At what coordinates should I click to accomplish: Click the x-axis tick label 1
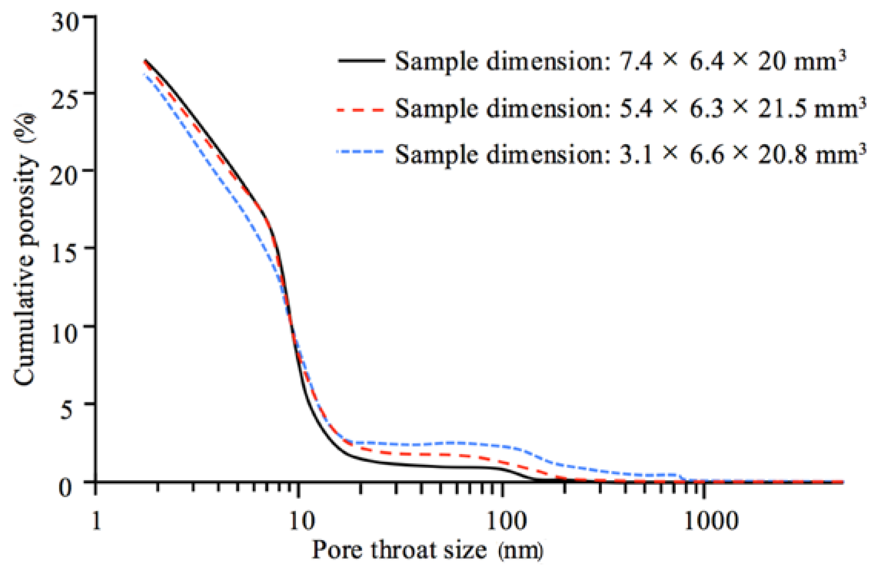[x=96, y=521]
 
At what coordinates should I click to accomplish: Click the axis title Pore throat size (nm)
[x=427, y=550]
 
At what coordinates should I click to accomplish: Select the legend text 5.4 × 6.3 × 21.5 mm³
[x=630, y=108]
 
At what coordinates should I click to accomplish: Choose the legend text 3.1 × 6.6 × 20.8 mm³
[x=630, y=155]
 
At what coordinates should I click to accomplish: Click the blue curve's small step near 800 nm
[x=682, y=477]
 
